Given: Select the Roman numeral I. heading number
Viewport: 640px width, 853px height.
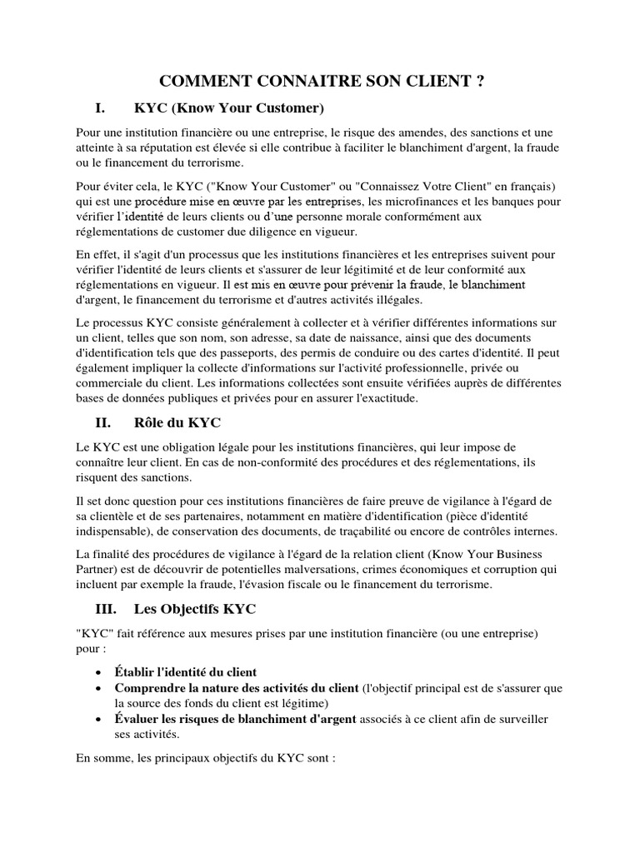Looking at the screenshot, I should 99,108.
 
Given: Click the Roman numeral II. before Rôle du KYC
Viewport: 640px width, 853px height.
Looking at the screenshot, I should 102,422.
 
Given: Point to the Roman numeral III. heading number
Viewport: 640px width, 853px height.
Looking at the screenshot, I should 105,609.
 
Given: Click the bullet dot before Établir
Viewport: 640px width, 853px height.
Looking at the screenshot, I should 99,672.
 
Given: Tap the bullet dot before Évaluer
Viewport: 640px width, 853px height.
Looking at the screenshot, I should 99,719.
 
